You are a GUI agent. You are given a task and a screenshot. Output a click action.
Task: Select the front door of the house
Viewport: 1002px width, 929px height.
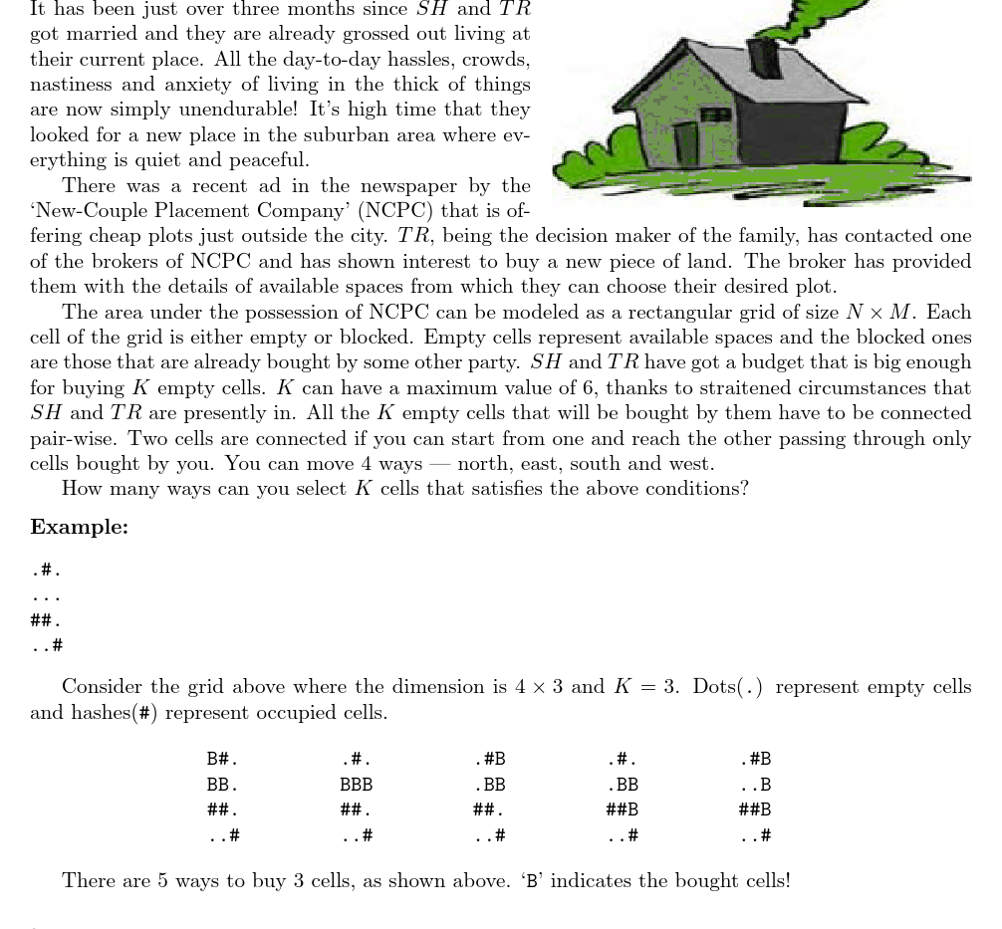coord(685,143)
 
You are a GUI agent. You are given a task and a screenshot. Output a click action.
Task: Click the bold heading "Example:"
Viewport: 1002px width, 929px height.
coord(79,528)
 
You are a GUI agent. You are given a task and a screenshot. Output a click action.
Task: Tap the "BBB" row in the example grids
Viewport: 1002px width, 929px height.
coord(356,785)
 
